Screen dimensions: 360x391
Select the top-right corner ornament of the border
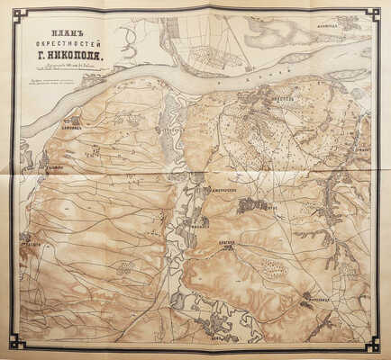click(x=373, y=13)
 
